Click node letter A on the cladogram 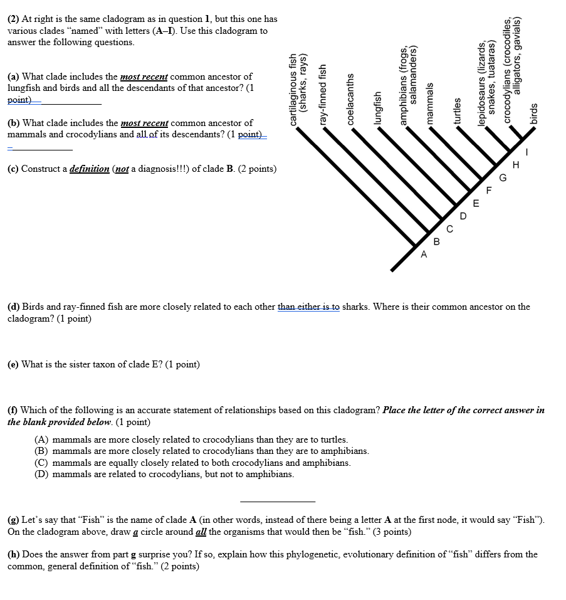click(x=424, y=255)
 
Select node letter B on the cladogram click(x=438, y=241)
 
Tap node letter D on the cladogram click(x=463, y=216)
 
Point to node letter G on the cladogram click(x=502, y=178)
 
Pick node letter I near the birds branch click(x=527, y=152)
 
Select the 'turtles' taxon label click(x=457, y=112)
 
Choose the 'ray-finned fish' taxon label click(x=323, y=94)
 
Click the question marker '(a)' click(x=13, y=76)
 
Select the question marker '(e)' click(x=13, y=364)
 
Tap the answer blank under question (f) click(x=278, y=500)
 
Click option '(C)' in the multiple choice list click(x=41, y=463)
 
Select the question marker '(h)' click(x=14, y=554)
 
